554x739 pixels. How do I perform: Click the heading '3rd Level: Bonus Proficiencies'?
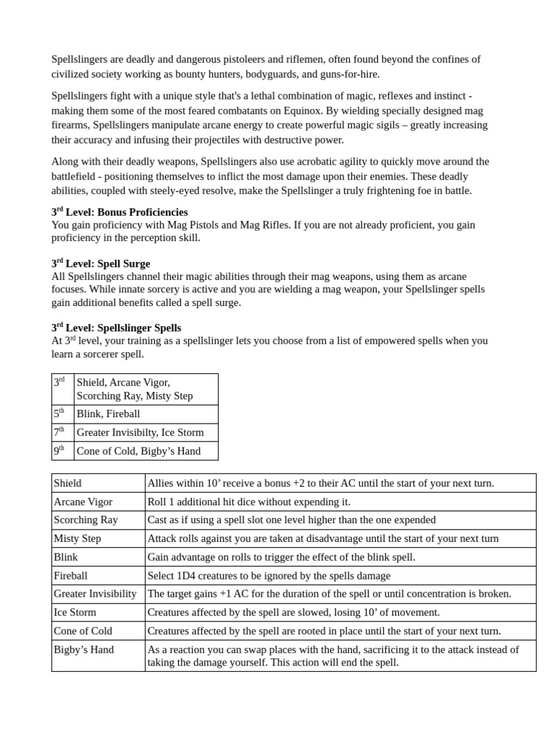(120, 212)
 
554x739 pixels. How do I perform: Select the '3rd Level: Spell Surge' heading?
(101, 264)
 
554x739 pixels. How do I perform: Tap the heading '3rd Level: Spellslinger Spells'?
(116, 328)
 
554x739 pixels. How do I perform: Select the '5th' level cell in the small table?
(62, 414)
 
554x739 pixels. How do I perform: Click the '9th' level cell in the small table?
(62, 451)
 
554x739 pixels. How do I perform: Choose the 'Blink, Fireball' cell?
(108, 414)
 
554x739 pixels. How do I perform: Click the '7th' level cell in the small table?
(62, 432)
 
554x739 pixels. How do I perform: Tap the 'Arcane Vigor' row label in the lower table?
(83, 502)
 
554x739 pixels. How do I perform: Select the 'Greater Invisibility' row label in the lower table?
(95, 593)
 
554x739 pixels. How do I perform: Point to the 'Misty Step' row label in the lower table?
(77, 538)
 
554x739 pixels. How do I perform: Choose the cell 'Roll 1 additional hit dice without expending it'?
(249, 502)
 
